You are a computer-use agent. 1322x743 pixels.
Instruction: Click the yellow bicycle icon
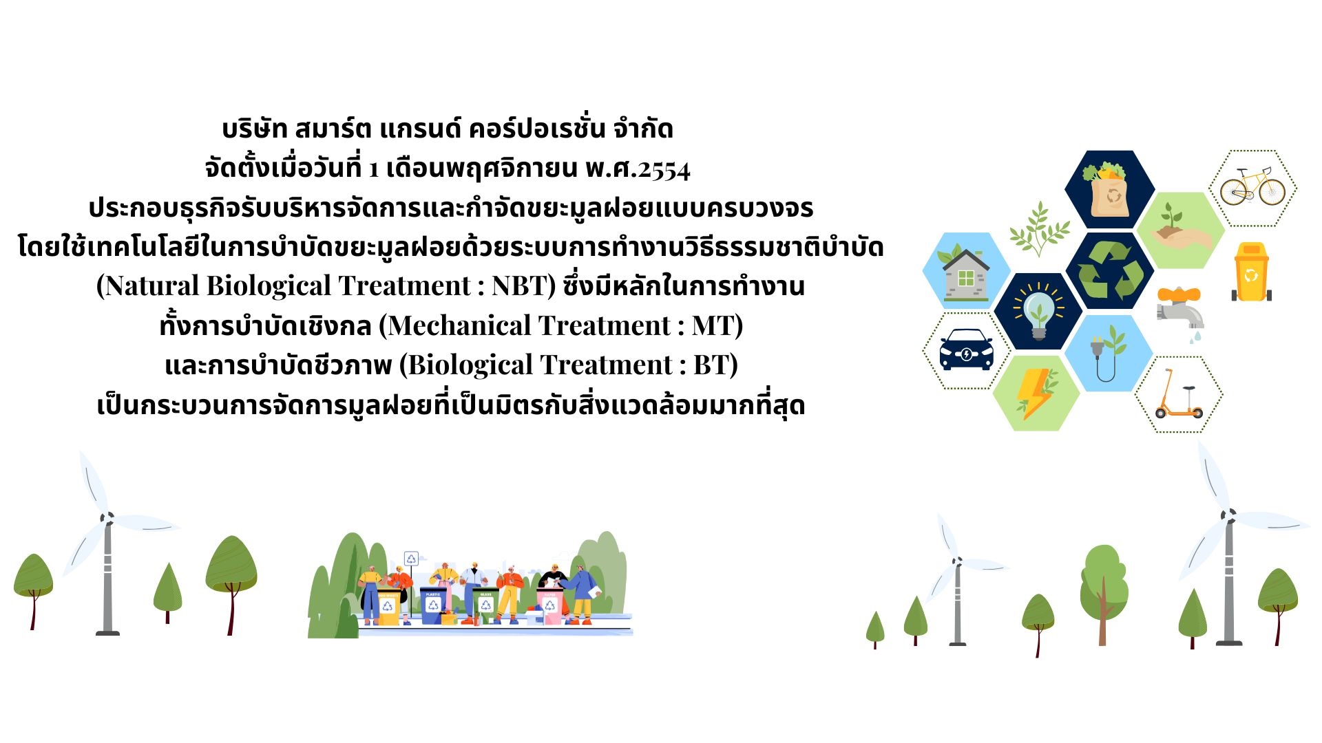coord(1252,186)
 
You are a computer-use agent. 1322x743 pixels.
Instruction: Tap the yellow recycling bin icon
coord(1251,272)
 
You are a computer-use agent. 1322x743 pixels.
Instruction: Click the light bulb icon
coord(1038,311)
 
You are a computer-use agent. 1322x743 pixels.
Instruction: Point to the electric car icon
coord(966,349)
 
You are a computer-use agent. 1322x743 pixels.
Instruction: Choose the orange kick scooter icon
coord(1178,394)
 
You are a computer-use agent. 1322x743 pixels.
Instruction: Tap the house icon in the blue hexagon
coord(966,272)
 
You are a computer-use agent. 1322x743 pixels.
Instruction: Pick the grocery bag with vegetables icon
coord(1109,189)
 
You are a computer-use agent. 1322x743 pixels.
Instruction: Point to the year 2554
coord(664,169)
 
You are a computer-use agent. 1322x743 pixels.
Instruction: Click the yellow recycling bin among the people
coord(388,606)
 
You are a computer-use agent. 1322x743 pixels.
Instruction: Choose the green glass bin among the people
coord(486,605)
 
